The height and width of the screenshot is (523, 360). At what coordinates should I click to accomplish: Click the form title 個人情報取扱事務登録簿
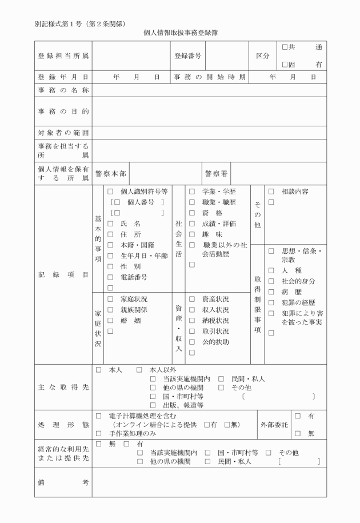(x=180, y=33)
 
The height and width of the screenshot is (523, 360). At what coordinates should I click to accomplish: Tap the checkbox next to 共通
(x=285, y=47)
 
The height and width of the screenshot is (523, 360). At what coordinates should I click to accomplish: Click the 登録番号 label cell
(x=188, y=56)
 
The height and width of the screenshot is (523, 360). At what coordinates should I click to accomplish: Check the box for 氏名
(x=110, y=224)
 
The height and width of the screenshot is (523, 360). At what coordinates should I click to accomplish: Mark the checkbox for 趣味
(x=193, y=235)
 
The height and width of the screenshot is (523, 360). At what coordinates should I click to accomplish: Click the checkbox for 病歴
(x=272, y=292)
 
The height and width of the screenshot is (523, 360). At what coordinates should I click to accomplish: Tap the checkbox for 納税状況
(x=193, y=321)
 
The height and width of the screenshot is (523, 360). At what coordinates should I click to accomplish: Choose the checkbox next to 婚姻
(x=110, y=321)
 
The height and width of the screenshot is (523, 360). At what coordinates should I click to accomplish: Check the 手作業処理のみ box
(x=98, y=434)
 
